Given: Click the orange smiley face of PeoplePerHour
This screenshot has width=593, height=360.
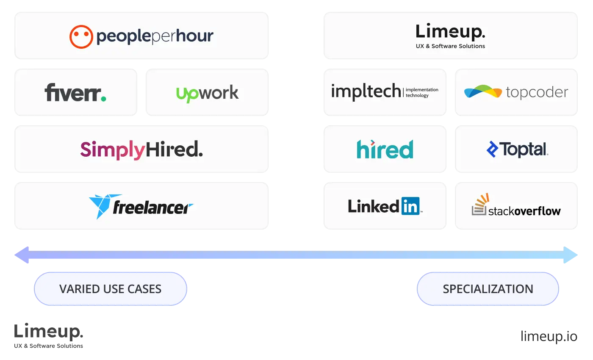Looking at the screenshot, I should tap(81, 36).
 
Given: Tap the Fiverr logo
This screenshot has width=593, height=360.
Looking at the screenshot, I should tap(75, 93).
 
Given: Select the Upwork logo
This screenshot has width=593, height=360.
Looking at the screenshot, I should tap(208, 93).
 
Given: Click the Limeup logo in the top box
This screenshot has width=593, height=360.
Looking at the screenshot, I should tap(450, 32).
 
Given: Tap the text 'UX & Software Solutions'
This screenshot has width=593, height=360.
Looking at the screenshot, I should tap(450, 46).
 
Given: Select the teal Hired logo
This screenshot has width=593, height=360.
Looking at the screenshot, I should tap(385, 150).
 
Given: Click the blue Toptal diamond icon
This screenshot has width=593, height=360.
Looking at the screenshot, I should tap(492, 150).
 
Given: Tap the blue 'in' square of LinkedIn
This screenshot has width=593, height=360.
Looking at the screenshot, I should tap(410, 206).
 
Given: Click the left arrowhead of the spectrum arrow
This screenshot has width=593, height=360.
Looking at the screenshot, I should tap(22, 255).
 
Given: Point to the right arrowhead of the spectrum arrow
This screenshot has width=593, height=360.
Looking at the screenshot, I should tap(572, 255).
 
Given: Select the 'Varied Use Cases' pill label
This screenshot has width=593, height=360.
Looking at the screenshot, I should tap(110, 289).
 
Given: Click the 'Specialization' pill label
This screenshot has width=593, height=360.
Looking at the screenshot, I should tap(488, 289).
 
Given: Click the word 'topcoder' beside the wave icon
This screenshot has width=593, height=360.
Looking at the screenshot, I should tap(537, 93).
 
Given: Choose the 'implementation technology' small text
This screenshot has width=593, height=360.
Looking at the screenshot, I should tap(422, 93).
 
